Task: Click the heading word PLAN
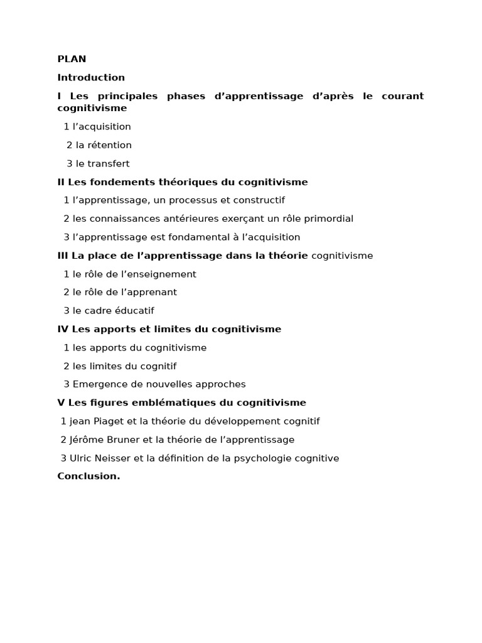[72, 59]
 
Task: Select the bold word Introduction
[91, 78]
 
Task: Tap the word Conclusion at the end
[88, 476]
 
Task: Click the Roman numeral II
[61, 182]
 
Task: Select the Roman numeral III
[63, 256]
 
